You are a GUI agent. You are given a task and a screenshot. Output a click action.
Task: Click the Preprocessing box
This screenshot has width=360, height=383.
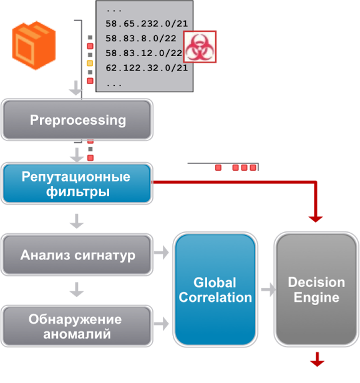tap(77, 120)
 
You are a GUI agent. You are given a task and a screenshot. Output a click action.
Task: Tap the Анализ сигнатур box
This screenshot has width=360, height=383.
tap(77, 255)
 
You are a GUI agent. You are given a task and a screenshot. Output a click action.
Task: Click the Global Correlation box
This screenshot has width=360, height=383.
tap(215, 290)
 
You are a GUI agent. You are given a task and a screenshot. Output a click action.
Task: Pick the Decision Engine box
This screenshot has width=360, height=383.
tap(316, 290)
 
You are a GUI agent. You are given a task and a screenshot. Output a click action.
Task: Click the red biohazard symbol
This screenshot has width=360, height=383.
tap(200, 46)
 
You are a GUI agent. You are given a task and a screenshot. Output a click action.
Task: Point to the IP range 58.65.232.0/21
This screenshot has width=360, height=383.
tap(147, 24)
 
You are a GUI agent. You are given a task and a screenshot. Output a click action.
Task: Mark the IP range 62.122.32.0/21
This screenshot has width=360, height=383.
tap(147, 68)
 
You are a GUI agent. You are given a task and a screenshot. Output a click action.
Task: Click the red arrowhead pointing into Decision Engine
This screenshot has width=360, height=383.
tap(316, 218)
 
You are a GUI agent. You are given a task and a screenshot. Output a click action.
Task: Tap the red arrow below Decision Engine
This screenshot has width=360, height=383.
tap(317, 360)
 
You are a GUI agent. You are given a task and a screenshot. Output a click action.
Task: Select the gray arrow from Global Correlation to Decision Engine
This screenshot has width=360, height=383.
tap(268, 289)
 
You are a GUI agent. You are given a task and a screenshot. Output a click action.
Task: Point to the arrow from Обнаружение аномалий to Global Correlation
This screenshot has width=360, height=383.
tap(162, 324)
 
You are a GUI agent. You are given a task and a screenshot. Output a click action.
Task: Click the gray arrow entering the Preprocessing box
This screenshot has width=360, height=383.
tap(76, 90)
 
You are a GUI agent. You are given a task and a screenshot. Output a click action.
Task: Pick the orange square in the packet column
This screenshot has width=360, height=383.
tap(90, 64)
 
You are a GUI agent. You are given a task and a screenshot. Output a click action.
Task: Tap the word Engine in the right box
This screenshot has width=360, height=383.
tap(316, 298)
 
